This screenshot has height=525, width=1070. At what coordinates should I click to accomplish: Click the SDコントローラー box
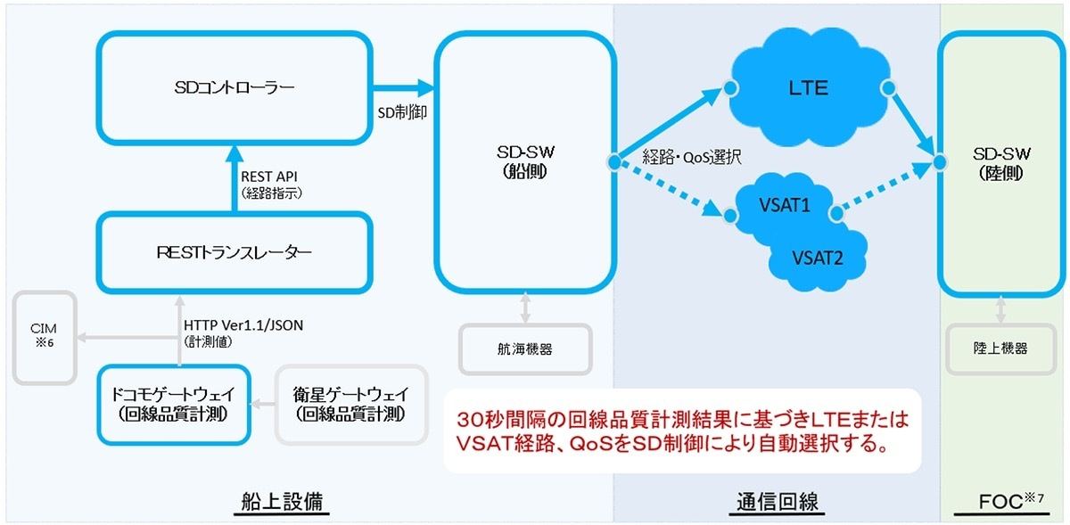[235, 88]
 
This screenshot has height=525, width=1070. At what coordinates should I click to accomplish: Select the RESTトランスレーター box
[235, 253]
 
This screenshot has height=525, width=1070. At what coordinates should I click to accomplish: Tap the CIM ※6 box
[45, 338]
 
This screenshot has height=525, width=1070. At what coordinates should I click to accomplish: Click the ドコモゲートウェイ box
[174, 405]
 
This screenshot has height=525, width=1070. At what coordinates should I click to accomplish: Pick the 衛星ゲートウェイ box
[351, 405]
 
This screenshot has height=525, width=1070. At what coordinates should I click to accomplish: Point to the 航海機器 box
[525, 349]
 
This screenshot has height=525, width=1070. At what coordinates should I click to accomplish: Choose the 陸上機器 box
[1000, 349]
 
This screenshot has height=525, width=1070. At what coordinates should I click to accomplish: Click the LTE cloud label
[808, 88]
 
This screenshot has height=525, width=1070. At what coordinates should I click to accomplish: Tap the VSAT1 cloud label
[785, 205]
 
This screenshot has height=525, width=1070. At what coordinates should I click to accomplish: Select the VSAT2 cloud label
[818, 258]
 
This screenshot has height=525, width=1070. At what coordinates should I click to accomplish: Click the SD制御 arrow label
[402, 112]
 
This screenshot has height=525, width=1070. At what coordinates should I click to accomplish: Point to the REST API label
[269, 176]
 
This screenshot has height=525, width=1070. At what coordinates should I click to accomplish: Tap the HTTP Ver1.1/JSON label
[243, 325]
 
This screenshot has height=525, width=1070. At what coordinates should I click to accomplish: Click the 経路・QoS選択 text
[692, 157]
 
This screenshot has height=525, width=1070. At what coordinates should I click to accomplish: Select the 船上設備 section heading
[282, 502]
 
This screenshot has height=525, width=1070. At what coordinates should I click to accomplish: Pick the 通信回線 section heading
[778, 502]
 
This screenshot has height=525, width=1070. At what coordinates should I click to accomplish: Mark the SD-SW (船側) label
[525, 161]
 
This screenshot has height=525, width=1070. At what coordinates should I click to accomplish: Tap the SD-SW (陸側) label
[1001, 163]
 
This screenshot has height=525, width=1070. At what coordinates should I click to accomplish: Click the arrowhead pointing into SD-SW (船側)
[425, 88]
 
